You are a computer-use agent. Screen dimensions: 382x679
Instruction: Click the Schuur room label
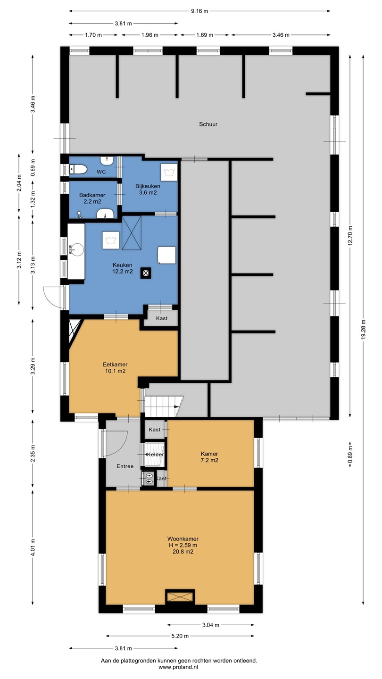click(208, 124)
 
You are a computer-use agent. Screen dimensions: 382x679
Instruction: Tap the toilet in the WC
click(78, 169)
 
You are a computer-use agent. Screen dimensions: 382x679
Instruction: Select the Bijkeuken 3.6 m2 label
click(148, 189)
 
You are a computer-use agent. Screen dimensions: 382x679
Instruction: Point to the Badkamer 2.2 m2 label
click(92, 198)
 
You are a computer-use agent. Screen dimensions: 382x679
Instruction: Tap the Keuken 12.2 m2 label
click(123, 268)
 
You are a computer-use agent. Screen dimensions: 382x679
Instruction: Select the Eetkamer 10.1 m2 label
click(115, 367)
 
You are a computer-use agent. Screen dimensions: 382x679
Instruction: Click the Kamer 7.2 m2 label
click(209, 457)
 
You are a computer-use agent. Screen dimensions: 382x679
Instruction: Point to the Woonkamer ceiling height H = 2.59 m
click(183, 545)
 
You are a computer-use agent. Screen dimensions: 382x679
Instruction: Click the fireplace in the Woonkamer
click(180, 597)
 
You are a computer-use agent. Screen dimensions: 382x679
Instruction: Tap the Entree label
click(125, 466)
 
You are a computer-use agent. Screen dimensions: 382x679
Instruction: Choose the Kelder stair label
click(155, 455)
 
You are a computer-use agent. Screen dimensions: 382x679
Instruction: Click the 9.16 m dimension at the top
click(199, 11)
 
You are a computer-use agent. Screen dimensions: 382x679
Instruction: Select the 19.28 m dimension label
click(364, 330)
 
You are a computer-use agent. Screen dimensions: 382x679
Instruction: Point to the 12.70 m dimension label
click(350, 236)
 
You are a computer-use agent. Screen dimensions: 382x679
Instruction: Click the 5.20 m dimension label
click(180, 636)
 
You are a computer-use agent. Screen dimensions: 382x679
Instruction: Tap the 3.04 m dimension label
click(211, 625)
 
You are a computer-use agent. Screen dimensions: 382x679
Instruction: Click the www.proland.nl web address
click(179, 667)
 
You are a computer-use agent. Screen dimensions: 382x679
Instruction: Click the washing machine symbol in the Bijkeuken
click(168, 173)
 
